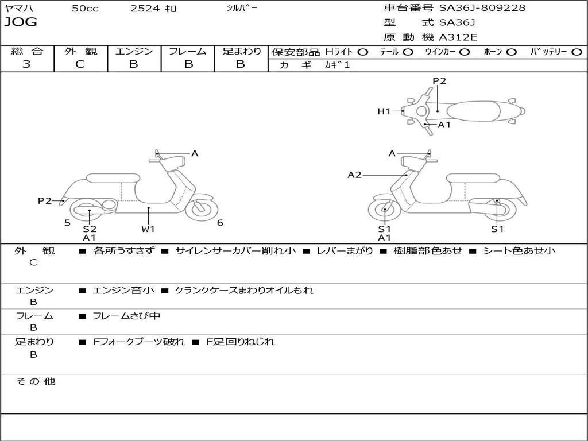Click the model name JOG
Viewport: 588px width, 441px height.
click(x=21, y=22)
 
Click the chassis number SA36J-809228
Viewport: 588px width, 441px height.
click(x=482, y=7)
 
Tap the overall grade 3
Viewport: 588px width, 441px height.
click(x=26, y=64)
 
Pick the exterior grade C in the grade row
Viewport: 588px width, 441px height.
click(x=80, y=64)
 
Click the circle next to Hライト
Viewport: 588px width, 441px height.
click(x=363, y=52)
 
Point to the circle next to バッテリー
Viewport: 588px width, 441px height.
click(x=577, y=52)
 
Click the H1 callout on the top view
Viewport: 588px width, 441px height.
click(x=384, y=111)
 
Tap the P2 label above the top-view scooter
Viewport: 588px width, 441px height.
click(x=439, y=81)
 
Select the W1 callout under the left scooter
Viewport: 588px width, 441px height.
click(x=148, y=229)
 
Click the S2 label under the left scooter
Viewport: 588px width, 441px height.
click(x=90, y=229)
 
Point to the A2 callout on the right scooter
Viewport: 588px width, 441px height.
click(x=354, y=175)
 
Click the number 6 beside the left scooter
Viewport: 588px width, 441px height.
click(x=220, y=223)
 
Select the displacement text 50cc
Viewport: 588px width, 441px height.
click(x=85, y=8)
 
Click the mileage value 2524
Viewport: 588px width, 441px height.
click(x=145, y=8)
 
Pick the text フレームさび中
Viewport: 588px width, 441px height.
click(x=126, y=316)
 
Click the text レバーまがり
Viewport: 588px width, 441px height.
click(x=345, y=251)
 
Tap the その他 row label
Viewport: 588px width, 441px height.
click(x=36, y=381)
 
